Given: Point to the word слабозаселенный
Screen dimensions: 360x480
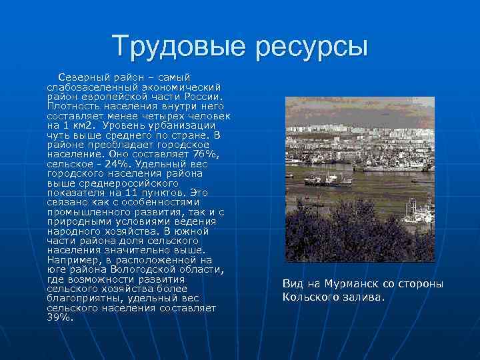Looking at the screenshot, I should [x=93, y=87].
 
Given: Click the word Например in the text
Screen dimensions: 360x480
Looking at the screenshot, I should [x=73, y=260].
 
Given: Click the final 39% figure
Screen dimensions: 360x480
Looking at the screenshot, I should [x=59, y=317].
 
